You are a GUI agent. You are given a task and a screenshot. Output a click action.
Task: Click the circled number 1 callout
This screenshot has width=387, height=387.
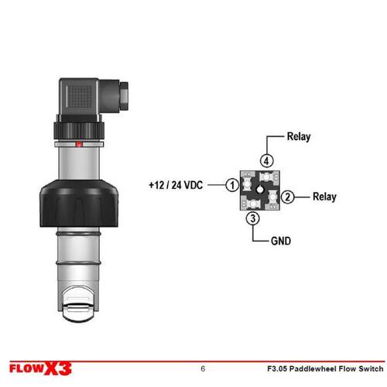232,185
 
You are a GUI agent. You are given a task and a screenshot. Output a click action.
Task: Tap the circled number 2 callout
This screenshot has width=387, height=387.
287,197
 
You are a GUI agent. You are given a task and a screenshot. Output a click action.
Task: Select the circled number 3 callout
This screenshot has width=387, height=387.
253,218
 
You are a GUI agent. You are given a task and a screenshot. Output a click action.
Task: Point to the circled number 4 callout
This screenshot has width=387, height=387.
266,161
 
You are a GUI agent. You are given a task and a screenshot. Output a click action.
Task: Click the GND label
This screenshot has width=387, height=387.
281,241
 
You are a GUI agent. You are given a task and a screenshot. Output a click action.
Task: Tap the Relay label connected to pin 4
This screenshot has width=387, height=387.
299,137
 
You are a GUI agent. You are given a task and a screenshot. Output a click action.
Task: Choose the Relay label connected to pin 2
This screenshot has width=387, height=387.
324,197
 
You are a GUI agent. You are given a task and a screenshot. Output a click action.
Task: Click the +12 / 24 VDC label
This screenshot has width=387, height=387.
176,185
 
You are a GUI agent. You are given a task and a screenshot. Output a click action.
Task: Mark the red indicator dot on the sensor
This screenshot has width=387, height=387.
79,144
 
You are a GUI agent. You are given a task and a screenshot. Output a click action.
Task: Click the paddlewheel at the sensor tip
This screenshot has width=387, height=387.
78,304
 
